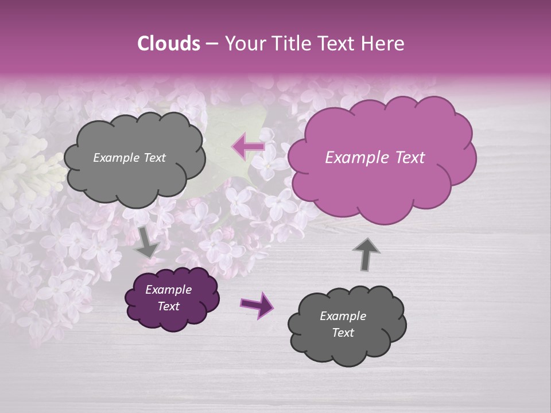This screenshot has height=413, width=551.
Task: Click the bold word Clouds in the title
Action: click(x=169, y=44)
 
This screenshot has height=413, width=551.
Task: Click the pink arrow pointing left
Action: click(x=248, y=146)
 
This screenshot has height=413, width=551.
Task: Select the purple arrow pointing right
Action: click(x=257, y=305)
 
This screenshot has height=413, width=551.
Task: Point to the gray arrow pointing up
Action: click(x=366, y=254)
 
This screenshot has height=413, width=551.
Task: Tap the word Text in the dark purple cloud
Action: click(x=168, y=306)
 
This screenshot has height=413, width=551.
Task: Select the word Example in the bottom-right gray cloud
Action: click(x=343, y=316)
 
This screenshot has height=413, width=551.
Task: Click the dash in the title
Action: click(x=211, y=44)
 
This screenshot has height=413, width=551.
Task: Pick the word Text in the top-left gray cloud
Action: click(x=154, y=158)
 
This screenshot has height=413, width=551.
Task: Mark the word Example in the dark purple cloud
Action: click(x=168, y=290)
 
